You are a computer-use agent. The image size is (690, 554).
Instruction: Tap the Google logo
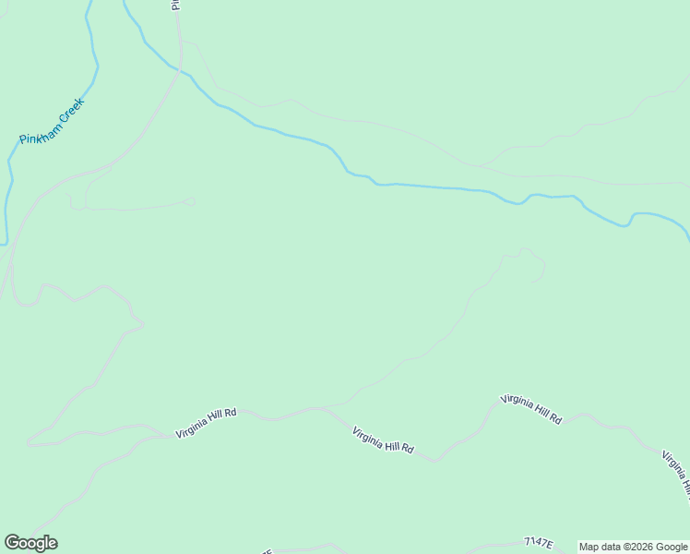pos(30,543)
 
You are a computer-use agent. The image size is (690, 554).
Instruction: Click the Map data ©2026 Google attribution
pos(633,547)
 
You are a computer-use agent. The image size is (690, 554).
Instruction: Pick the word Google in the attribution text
pos(672,547)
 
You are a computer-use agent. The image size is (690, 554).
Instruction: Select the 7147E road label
pos(536,544)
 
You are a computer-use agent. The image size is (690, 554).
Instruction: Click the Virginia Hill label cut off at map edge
pos(675,473)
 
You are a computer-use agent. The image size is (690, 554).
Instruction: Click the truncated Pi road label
pos(174,5)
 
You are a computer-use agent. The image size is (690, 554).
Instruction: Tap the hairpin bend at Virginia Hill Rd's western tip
pos(29,442)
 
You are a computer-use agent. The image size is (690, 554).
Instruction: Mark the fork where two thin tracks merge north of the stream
pos(479,166)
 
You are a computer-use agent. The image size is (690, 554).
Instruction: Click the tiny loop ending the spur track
pos(191,200)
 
